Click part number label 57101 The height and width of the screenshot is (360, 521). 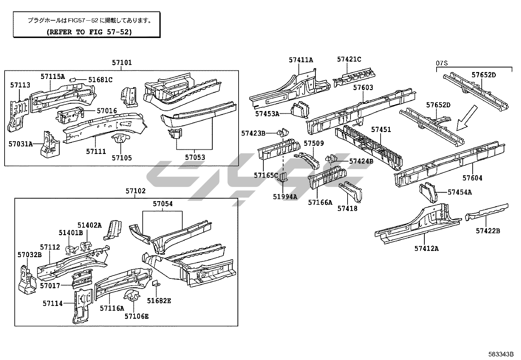click(122, 63)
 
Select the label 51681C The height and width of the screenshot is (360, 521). click(100, 80)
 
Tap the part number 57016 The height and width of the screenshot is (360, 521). click(107, 111)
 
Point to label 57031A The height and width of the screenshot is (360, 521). click(21, 144)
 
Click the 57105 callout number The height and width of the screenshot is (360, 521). click(122, 158)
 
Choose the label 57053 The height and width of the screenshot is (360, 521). click(195, 158)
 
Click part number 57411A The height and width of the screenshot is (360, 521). click(301, 60)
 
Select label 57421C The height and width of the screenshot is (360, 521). click(349, 59)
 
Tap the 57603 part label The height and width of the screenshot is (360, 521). click(363, 87)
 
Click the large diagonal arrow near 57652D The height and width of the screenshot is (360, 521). click(467, 118)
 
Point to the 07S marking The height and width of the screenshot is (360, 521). click(442, 63)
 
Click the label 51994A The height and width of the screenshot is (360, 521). click(285, 197)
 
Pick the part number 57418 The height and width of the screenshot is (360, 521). click(347, 208)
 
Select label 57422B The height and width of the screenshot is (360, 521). click(488, 231)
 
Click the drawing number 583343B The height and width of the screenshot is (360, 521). click(501, 354)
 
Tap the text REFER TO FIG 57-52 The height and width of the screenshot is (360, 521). click(89, 32)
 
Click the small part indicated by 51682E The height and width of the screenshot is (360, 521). click(155, 283)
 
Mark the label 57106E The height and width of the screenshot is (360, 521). click(136, 316)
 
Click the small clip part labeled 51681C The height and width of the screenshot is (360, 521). click(73, 80)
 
